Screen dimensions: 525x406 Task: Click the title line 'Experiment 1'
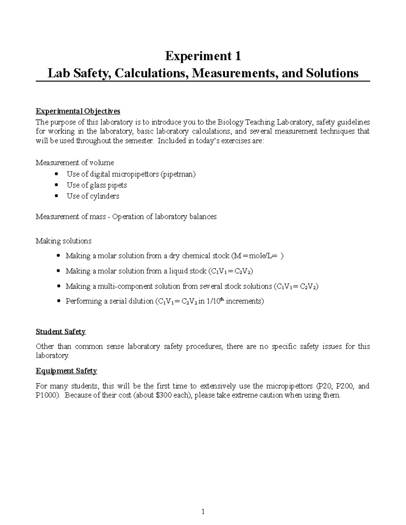click(x=203, y=56)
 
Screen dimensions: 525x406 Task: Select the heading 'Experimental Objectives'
click(x=78, y=111)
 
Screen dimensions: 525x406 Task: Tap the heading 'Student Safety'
click(x=61, y=332)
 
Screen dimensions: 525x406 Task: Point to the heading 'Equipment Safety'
click(x=66, y=371)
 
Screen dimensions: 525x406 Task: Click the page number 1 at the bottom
click(x=203, y=511)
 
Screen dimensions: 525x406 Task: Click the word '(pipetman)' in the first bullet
click(x=178, y=174)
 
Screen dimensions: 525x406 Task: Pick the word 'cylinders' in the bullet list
click(x=105, y=196)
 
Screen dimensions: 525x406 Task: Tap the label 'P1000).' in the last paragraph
click(x=48, y=395)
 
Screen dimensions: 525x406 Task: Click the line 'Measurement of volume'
click(x=75, y=163)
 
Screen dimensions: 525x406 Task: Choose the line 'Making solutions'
click(x=64, y=241)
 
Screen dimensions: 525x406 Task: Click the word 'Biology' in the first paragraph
click(x=230, y=122)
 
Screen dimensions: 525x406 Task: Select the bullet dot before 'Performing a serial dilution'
click(x=59, y=301)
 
